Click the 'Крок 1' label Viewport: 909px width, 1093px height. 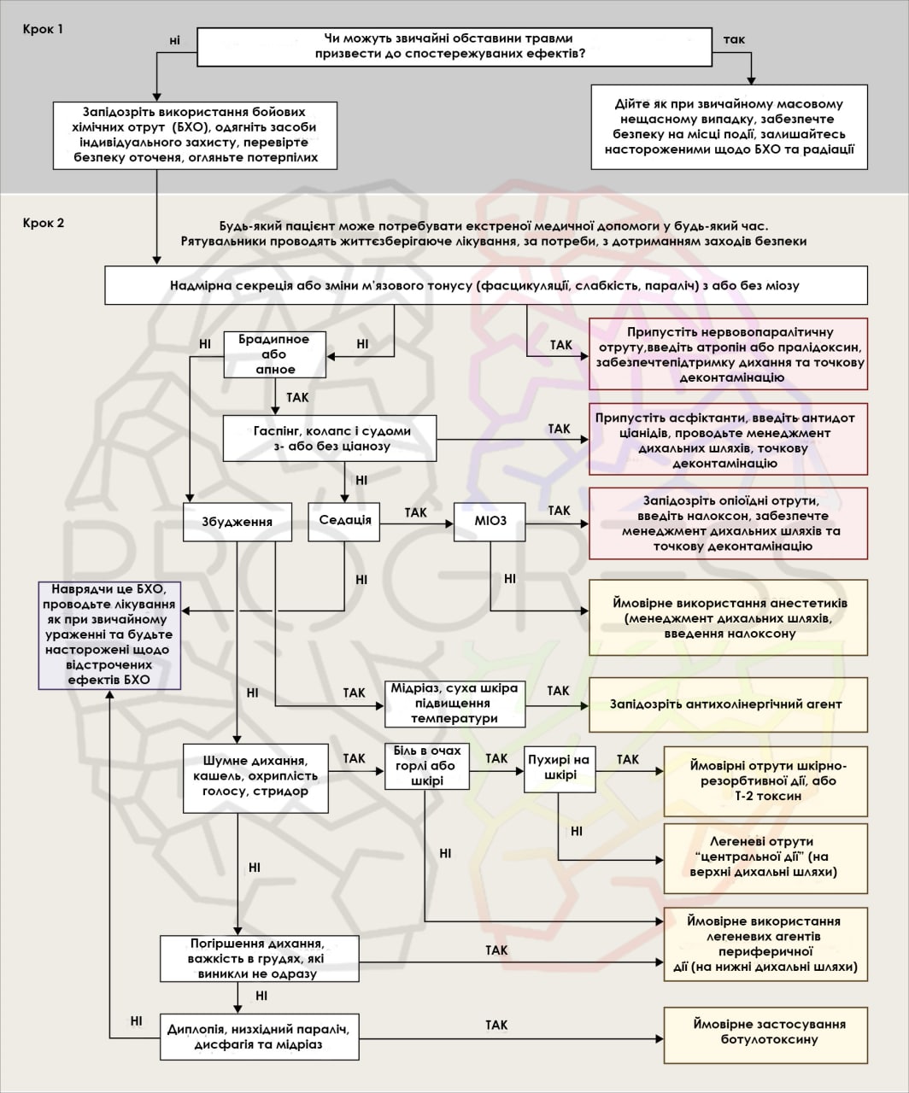(44, 28)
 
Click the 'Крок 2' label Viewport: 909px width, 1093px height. (44, 224)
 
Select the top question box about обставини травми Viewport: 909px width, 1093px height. (454, 46)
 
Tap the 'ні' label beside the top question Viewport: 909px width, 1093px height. (175, 40)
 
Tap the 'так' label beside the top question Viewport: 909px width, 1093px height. (734, 40)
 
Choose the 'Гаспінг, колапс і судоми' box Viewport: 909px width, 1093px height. (330, 438)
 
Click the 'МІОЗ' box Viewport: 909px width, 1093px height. (490, 521)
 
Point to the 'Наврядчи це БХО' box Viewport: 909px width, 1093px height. (108, 634)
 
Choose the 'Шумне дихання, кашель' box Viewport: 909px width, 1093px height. (256, 775)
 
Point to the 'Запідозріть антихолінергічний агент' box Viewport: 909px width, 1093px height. (726, 704)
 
